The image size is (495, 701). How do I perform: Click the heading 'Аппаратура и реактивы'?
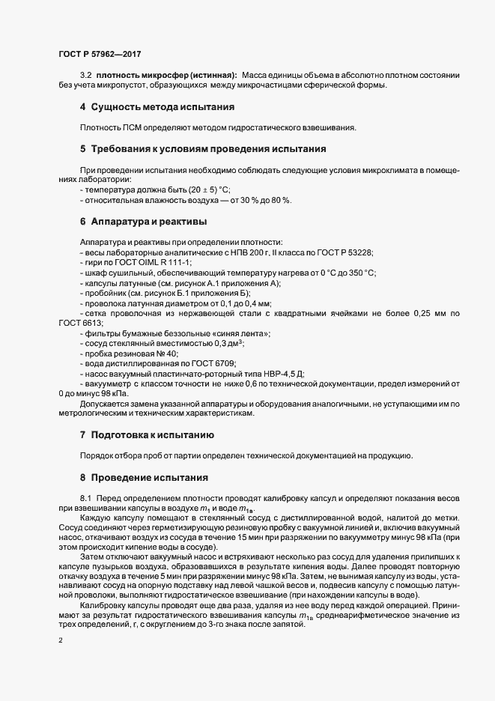(148, 222)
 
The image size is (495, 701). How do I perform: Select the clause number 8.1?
(85, 497)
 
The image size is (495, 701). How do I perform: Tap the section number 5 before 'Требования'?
(83, 148)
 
